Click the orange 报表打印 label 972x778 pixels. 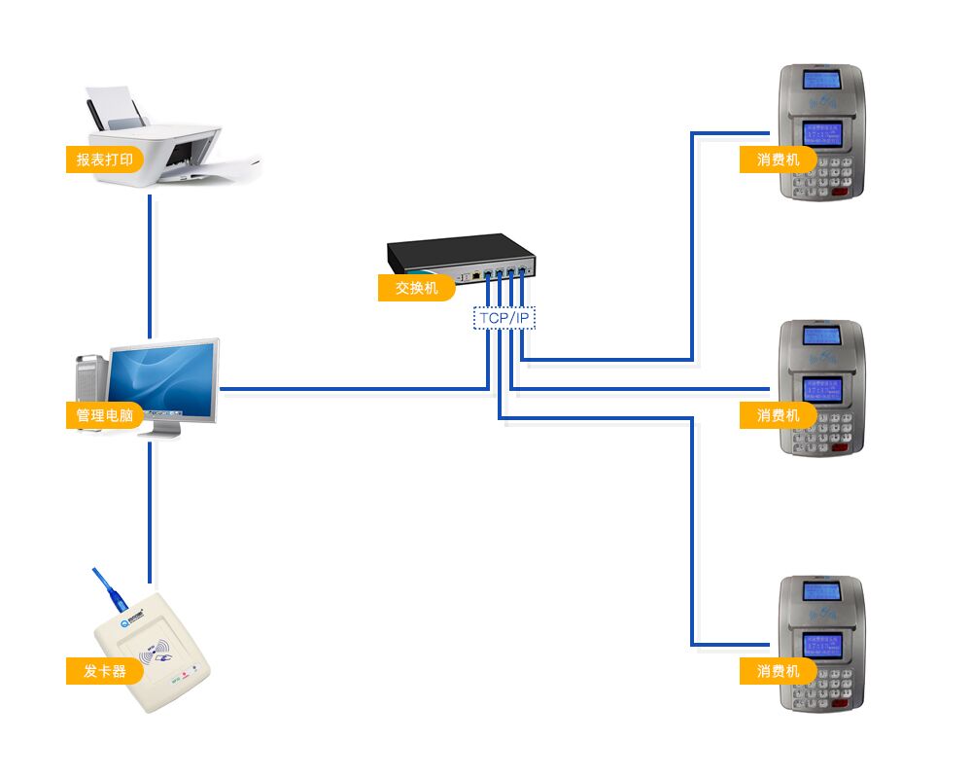tap(105, 159)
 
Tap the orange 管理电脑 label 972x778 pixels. tap(104, 415)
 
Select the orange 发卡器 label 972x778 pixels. tap(105, 671)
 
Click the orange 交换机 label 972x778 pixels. tap(416, 288)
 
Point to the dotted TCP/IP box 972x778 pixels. tap(504, 318)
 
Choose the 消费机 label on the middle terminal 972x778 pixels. tap(778, 415)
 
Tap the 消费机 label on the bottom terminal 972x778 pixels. tap(778, 671)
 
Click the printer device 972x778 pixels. tap(170, 146)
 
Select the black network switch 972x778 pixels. tap(461, 255)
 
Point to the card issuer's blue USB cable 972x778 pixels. tap(103, 589)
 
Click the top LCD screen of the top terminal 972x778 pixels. tap(821, 79)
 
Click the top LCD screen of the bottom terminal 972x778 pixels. tap(821, 591)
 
